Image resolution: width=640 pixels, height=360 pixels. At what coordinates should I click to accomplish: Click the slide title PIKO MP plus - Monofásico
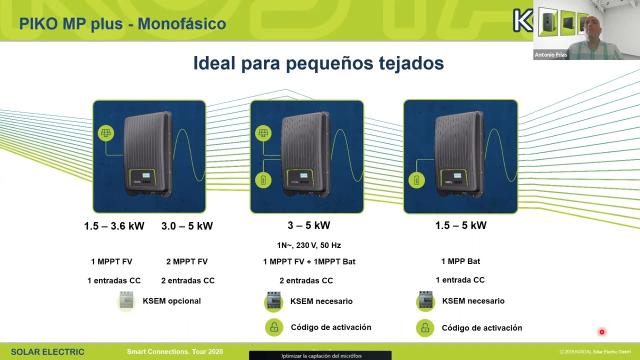pos(122,23)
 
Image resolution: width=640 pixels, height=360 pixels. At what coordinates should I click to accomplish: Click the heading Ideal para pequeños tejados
pos(318,63)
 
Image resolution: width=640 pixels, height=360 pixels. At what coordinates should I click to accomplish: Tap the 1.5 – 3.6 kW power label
pos(114,226)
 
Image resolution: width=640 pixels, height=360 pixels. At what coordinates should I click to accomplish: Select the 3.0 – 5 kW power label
pos(187,226)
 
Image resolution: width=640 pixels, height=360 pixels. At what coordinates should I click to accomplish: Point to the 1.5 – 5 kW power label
pos(460,225)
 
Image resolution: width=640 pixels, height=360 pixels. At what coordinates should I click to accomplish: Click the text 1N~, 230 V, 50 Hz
pos(309,245)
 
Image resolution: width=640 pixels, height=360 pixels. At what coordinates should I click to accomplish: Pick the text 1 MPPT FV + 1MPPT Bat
pos(309,261)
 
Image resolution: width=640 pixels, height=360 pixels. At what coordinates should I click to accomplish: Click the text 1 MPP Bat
pos(460,261)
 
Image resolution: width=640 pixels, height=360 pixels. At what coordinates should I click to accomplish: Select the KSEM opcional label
pos(171,301)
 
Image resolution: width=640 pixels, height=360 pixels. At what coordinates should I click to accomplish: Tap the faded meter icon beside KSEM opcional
pos(126,301)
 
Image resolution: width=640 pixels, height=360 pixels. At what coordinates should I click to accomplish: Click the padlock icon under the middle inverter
pos(274,327)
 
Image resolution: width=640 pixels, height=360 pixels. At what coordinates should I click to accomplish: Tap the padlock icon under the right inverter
pos(425,328)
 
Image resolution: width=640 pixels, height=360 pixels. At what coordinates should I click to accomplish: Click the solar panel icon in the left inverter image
pos(106,133)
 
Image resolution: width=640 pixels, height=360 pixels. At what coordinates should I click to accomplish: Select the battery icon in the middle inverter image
pos(263,180)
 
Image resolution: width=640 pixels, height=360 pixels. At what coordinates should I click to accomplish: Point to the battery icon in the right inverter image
pos(416,180)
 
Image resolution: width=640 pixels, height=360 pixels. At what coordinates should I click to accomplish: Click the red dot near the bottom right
pos(602,332)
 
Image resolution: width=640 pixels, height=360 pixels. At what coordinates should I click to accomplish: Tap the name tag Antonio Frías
pos(551,55)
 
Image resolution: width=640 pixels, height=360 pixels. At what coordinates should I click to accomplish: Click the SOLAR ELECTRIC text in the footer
pos(47,352)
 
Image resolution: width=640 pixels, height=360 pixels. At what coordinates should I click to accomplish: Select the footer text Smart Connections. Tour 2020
pos(175,352)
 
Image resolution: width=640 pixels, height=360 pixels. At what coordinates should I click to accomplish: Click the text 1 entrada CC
pos(460,280)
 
